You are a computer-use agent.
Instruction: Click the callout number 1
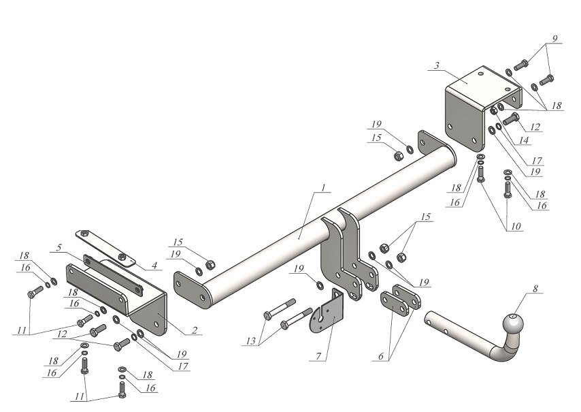(x=323, y=188)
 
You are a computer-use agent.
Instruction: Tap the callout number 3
(x=437, y=65)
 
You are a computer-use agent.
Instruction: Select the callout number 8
(x=535, y=289)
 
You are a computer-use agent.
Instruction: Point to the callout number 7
(x=318, y=355)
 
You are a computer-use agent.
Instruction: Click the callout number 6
(x=381, y=356)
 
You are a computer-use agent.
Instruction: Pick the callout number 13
(x=251, y=341)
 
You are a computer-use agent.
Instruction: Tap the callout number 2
(x=195, y=330)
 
